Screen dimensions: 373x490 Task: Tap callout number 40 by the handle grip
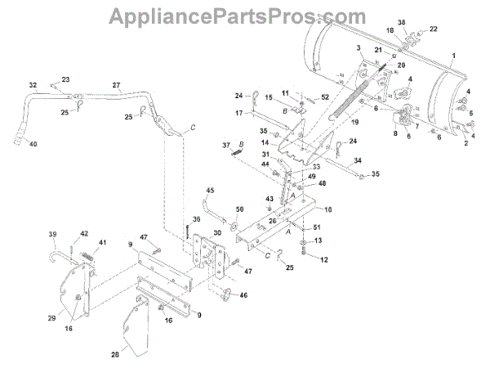click(33, 144)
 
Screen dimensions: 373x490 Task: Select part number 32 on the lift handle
click(33, 85)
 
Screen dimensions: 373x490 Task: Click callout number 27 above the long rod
click(116, 85)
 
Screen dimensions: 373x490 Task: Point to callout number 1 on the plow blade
click(452, 54)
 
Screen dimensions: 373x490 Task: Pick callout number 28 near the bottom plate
click(115, 353)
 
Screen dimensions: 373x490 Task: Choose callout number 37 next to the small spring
click(226, 145)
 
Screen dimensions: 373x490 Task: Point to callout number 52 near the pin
click(325, 97)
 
